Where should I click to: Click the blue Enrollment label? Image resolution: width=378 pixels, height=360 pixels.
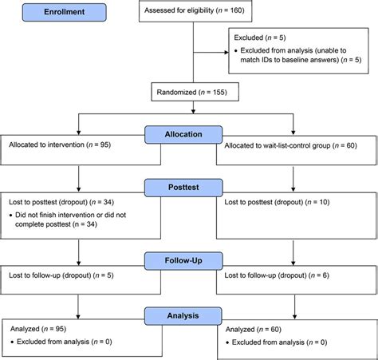click(x=55, y=13)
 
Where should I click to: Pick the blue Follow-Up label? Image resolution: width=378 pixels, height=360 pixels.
click(x=188, y=259)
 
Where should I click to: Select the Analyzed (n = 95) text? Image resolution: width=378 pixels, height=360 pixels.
click(x=39, y=328)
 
